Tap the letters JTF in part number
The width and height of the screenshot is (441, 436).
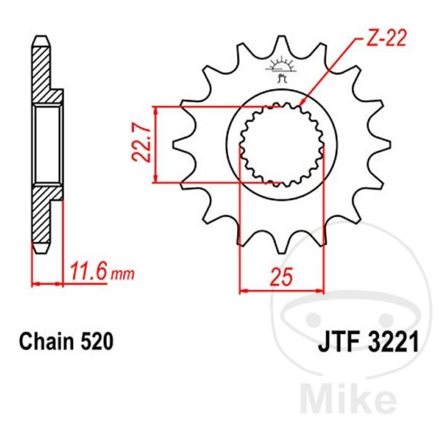point(337,343)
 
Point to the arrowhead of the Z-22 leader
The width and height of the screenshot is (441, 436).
point(302,103)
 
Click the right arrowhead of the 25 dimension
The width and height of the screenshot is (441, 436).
point(319,291)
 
